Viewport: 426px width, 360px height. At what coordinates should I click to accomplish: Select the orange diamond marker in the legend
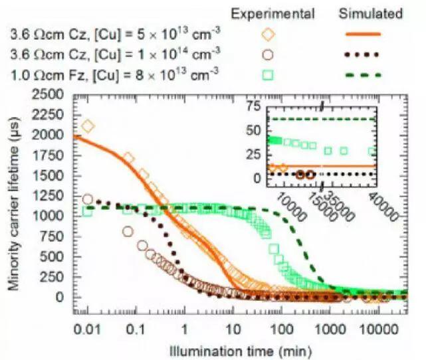268,33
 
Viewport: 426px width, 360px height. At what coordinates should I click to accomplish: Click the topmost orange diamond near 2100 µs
88,126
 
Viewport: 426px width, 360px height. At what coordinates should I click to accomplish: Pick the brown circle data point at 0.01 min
88,199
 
